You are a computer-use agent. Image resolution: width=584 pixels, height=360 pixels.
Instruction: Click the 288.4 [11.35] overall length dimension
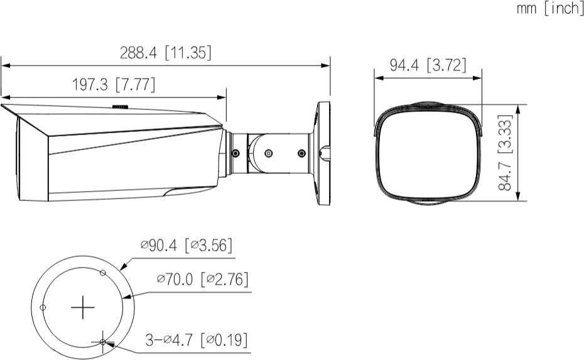165,53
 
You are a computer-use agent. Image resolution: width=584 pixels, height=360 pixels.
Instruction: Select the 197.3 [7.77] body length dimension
113,85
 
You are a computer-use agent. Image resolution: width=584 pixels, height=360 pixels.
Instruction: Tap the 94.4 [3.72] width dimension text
428,65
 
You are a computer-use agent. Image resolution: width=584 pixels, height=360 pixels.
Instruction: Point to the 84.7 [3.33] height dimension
505,153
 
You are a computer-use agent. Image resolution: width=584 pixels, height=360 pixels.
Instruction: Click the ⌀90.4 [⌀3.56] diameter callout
187,245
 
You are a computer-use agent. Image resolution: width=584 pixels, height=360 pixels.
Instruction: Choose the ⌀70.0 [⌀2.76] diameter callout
203,279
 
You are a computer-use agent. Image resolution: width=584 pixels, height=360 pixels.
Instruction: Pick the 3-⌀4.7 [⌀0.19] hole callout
197,339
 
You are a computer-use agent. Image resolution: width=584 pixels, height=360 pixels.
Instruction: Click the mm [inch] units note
550,8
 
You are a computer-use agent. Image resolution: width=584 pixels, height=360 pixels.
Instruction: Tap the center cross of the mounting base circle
83,307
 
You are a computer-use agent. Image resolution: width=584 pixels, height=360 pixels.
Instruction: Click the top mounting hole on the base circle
103,273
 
